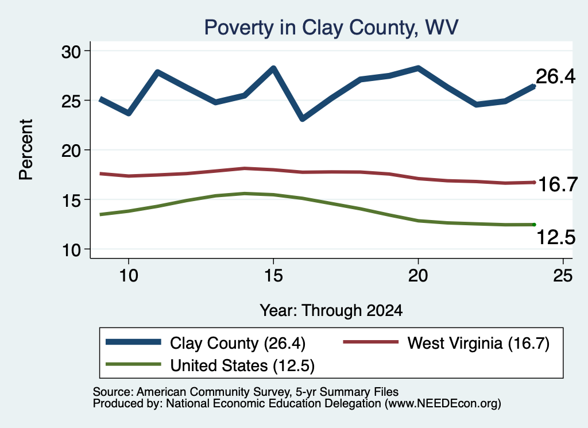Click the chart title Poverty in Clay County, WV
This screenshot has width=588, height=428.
pos(331,28)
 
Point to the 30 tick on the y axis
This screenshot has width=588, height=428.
pos(71,51)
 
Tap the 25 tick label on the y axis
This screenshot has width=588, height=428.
pos(71,101)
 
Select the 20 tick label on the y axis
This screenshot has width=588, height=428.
pos(71,151)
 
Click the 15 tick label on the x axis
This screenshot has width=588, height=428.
pos(273,276)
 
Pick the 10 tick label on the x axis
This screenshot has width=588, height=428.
pos(129,276)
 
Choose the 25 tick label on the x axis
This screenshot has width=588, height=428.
pos(563,276)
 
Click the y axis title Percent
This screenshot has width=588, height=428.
pos(26,150)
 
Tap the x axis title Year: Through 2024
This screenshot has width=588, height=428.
pos(331,311)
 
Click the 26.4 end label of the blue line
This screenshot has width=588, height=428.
pos(555,76)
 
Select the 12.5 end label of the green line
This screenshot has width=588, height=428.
pos(556,237)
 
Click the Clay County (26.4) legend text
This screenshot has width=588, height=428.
pos(238,343)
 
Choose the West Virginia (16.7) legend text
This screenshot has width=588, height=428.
pos(478,343)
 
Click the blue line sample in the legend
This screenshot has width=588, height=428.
pos(133,342)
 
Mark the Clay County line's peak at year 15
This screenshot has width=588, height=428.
pos(273,68)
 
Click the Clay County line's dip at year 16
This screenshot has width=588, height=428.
pos(303,119)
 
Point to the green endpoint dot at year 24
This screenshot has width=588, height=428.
pos(534,225)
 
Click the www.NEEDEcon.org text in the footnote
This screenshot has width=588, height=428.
pos(443,404)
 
